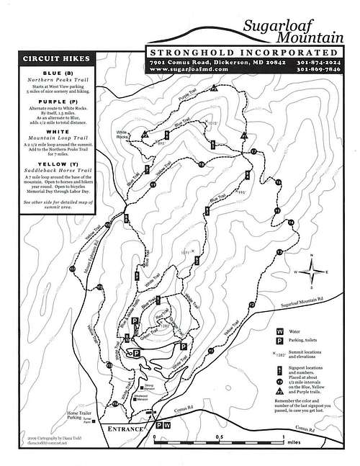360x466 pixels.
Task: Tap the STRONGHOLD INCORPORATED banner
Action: [x=241, y=53]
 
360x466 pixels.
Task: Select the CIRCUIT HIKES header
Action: [x=55, y=60]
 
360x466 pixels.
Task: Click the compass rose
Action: [x=310, y=272]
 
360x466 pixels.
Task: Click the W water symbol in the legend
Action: [x=279, y=333]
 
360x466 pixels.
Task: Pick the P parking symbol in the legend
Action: [x=279, y=344]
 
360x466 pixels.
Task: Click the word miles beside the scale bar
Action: [x=290, y=444]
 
